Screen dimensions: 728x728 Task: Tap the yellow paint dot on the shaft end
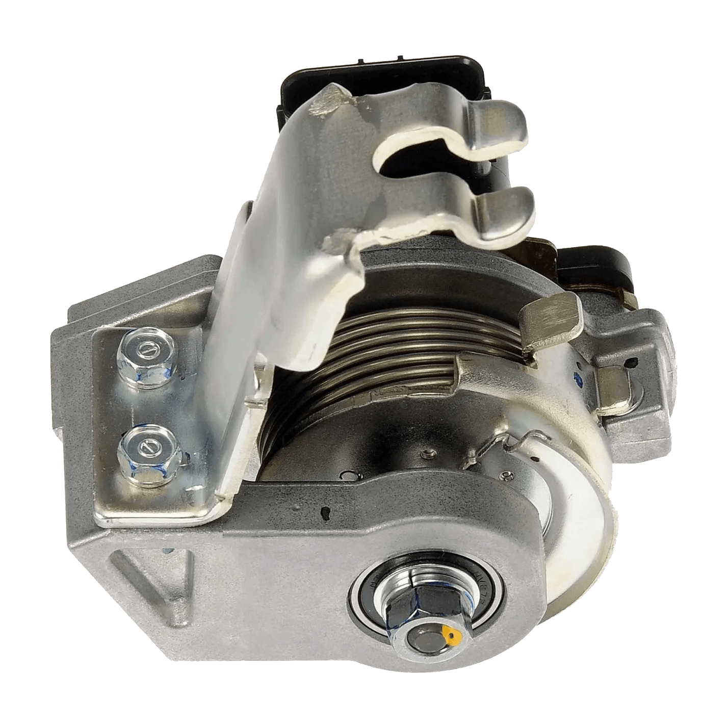[451, 635]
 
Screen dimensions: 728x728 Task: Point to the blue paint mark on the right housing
[579, 377]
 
